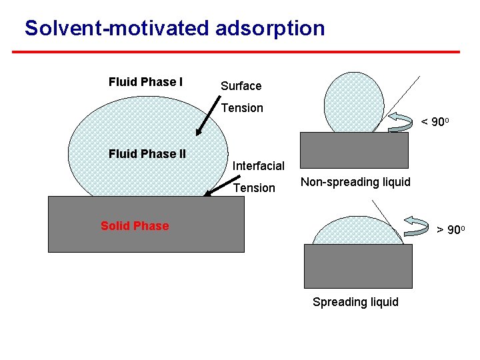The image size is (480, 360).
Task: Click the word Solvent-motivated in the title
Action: tap(118, 28)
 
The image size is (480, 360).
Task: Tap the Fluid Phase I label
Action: tap(145, 82)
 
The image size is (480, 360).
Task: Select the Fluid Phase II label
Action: tap(147, 154)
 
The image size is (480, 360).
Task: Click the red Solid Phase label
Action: tap(135, 226)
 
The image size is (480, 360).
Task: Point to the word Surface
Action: tap(241, 86)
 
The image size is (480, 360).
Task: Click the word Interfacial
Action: tap(259, 166)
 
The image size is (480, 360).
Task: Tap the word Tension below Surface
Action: tap(242, 108)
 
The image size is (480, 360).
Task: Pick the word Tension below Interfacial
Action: tap(254, 188)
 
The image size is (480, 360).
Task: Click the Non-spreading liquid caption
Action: tap(355, 182)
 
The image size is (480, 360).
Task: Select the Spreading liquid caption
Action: tap(355, 302)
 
